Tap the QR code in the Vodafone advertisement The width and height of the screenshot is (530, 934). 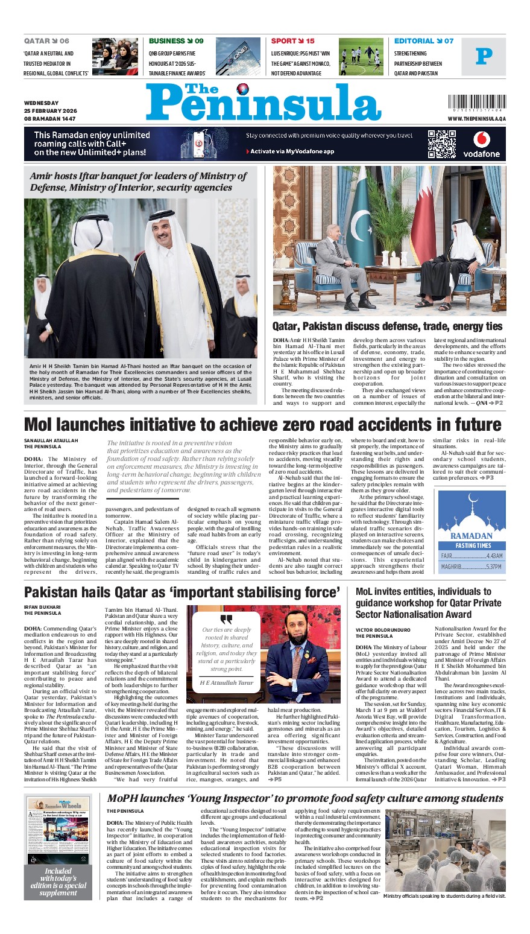point(441,144)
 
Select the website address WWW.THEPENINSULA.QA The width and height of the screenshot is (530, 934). point(476,119)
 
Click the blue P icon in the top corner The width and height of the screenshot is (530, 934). point(484,56)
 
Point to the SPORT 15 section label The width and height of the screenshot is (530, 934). point(293,41)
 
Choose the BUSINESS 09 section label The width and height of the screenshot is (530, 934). point(176,41)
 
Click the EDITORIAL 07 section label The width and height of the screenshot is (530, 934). point(424,41)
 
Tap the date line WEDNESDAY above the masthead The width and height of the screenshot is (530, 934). point(42,103)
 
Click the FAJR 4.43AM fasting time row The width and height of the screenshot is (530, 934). point(472,556)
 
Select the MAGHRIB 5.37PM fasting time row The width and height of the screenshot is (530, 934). point(472,567)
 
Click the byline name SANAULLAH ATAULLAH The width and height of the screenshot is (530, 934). point(51,440)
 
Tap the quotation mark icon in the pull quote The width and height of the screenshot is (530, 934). point(226,620)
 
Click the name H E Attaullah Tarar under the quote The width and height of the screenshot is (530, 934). point(226,682)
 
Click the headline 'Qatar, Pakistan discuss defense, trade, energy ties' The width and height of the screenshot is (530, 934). point(387,326)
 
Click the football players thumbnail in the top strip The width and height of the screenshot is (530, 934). point(361,57)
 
